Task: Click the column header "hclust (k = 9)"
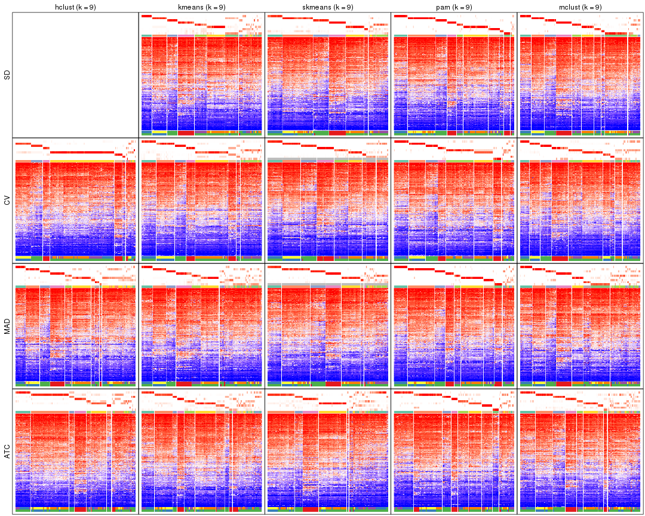pos(75,7)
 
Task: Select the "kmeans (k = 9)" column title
pos(201,7)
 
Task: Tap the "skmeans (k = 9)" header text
pos(328,7)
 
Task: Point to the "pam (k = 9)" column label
pos(454,7)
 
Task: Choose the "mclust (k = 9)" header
pos(580,7)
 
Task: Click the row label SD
pos(7,75)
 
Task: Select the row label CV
pos(7,201)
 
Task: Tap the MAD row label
pos(7,326)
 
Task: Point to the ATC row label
pos(7,451)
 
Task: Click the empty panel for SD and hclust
pos(75,75)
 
